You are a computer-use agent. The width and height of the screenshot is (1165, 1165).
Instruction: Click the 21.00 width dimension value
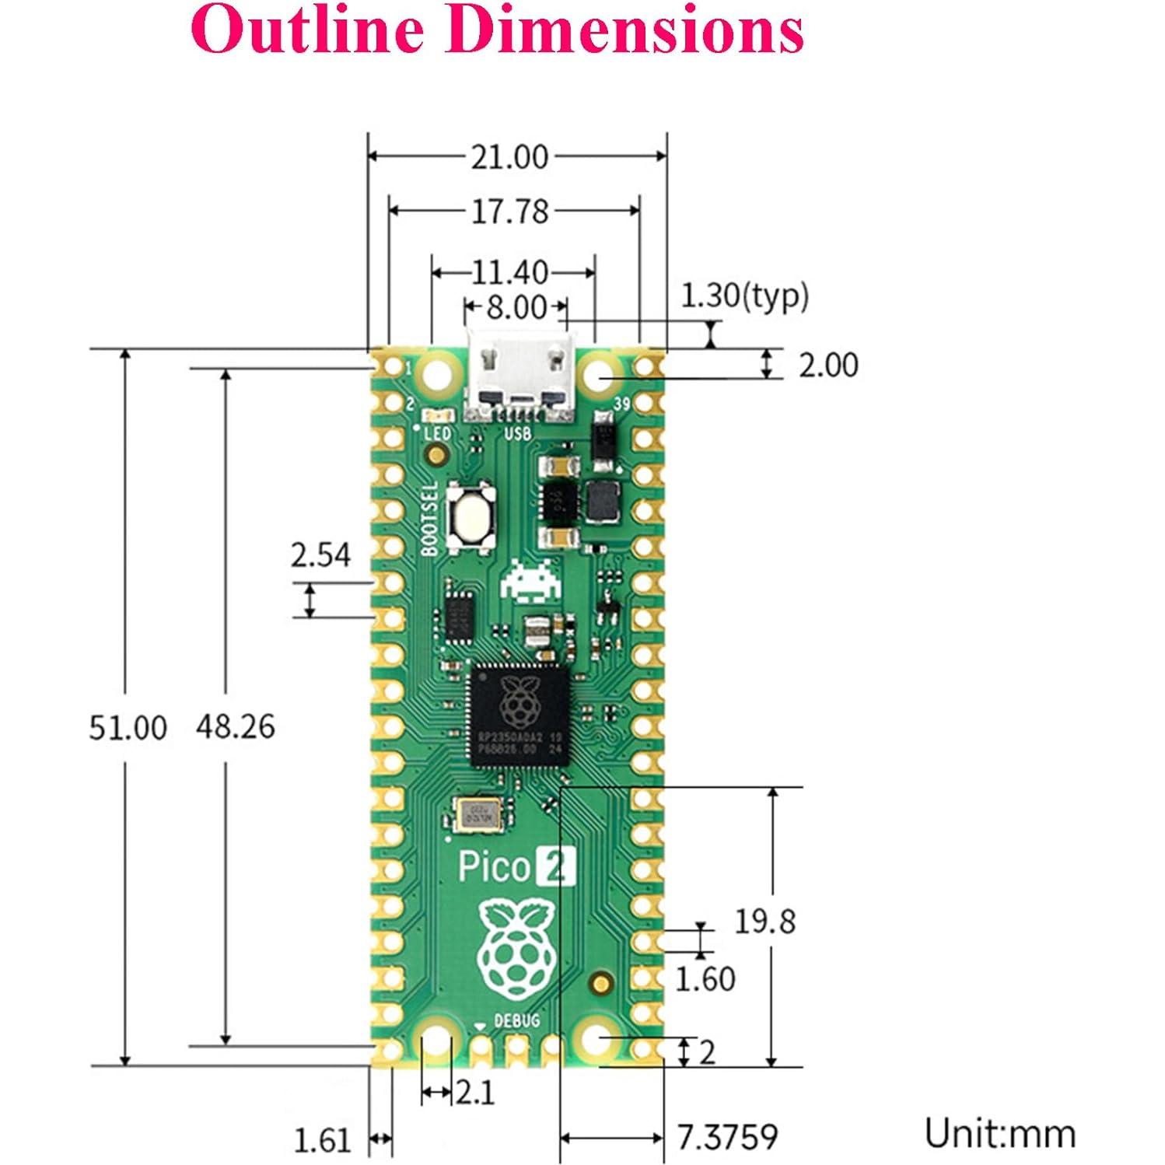[x=509, y=157]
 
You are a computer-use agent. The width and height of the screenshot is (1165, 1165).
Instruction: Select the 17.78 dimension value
[x=510, y=212]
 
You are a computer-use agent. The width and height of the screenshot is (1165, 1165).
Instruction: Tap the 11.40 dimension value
[x=510, y=273]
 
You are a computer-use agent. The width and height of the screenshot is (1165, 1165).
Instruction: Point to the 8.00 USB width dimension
[x=516, y=308]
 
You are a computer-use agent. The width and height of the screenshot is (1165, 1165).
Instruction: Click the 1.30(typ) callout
[x=744, y=296]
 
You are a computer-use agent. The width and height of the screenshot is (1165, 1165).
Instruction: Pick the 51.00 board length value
[x=128, y=728]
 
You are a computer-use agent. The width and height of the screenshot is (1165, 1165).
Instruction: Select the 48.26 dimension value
[x=235, y=726]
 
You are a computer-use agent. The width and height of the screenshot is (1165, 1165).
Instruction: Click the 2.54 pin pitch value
[x=320, y=555]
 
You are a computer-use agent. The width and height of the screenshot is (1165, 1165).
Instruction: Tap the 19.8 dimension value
[x=765, y=922]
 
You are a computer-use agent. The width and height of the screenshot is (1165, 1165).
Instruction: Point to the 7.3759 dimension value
[x=727, y=1137]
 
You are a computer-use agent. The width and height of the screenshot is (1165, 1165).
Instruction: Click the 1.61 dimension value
[x=322, y=1141]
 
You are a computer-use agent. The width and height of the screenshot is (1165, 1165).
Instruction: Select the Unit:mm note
[x=1000, y=1134]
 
